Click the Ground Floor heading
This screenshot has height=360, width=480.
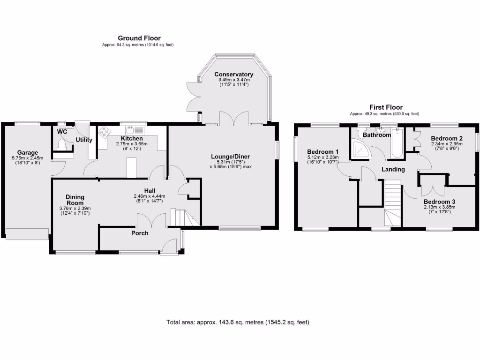(x=139, y=38)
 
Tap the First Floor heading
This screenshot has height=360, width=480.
(x=386, y=107)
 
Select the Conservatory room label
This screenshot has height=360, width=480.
(x=233, y=74)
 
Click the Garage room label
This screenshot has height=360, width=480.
(x=28, y=152)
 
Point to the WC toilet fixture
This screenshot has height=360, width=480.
(x=62, y=144)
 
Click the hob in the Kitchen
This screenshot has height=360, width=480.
(x=105, y=132)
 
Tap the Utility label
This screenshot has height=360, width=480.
(x=84, y=140)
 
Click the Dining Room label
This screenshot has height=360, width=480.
(x=75, y=200)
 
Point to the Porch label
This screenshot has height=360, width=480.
(x=140, y=233)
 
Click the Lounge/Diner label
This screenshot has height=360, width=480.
(x=231, y=157)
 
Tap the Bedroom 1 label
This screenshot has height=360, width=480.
(x=323, y=152)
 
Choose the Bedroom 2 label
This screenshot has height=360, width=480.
(x=447, y=138)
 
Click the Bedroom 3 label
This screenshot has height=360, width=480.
(x=439, y=202)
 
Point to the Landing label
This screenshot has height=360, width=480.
(x=393, y=169)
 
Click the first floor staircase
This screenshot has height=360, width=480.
(x=392, y=203)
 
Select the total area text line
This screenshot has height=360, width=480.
(x=238, y=322)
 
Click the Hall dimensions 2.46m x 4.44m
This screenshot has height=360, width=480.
(x=150, y=196)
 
